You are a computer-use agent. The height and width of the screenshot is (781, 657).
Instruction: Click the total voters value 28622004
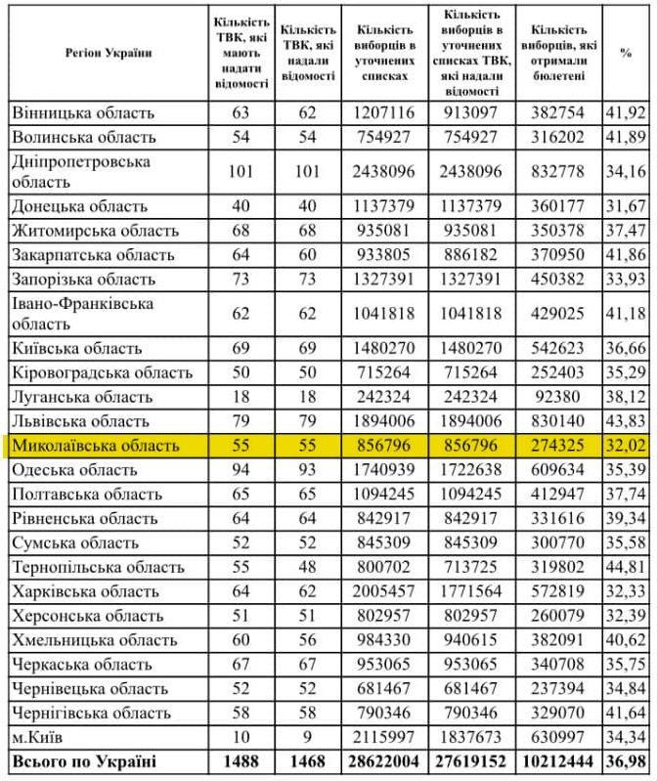click(384, 759)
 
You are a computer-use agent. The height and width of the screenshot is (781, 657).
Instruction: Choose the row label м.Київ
click(40, 735)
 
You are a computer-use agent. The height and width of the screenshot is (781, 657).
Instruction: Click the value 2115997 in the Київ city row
click(384, 735)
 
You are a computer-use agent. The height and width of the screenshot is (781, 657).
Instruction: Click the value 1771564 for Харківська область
click(472, 590)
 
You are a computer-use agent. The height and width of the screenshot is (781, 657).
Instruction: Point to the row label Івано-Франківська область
click(83, 313)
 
